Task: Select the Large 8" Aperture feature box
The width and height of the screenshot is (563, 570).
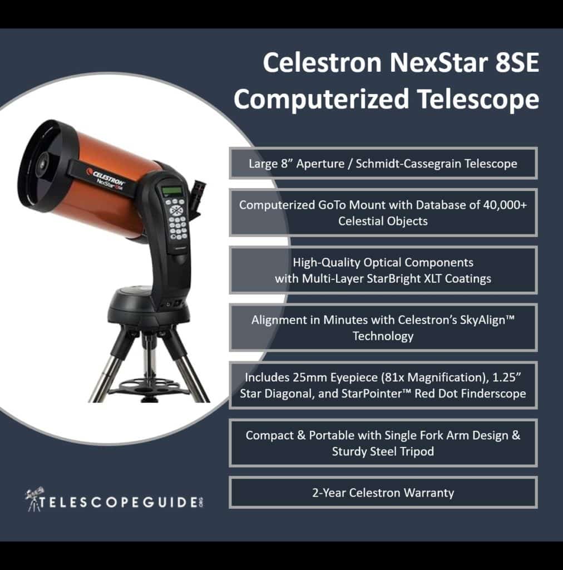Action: [383, 163]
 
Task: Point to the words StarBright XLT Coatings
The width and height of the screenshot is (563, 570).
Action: [426, 278]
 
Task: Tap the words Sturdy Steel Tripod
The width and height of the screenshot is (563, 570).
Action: [383, 451]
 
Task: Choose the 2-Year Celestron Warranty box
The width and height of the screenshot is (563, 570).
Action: [383, 492]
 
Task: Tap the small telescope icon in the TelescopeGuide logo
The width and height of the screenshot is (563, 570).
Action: [35, 497]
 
